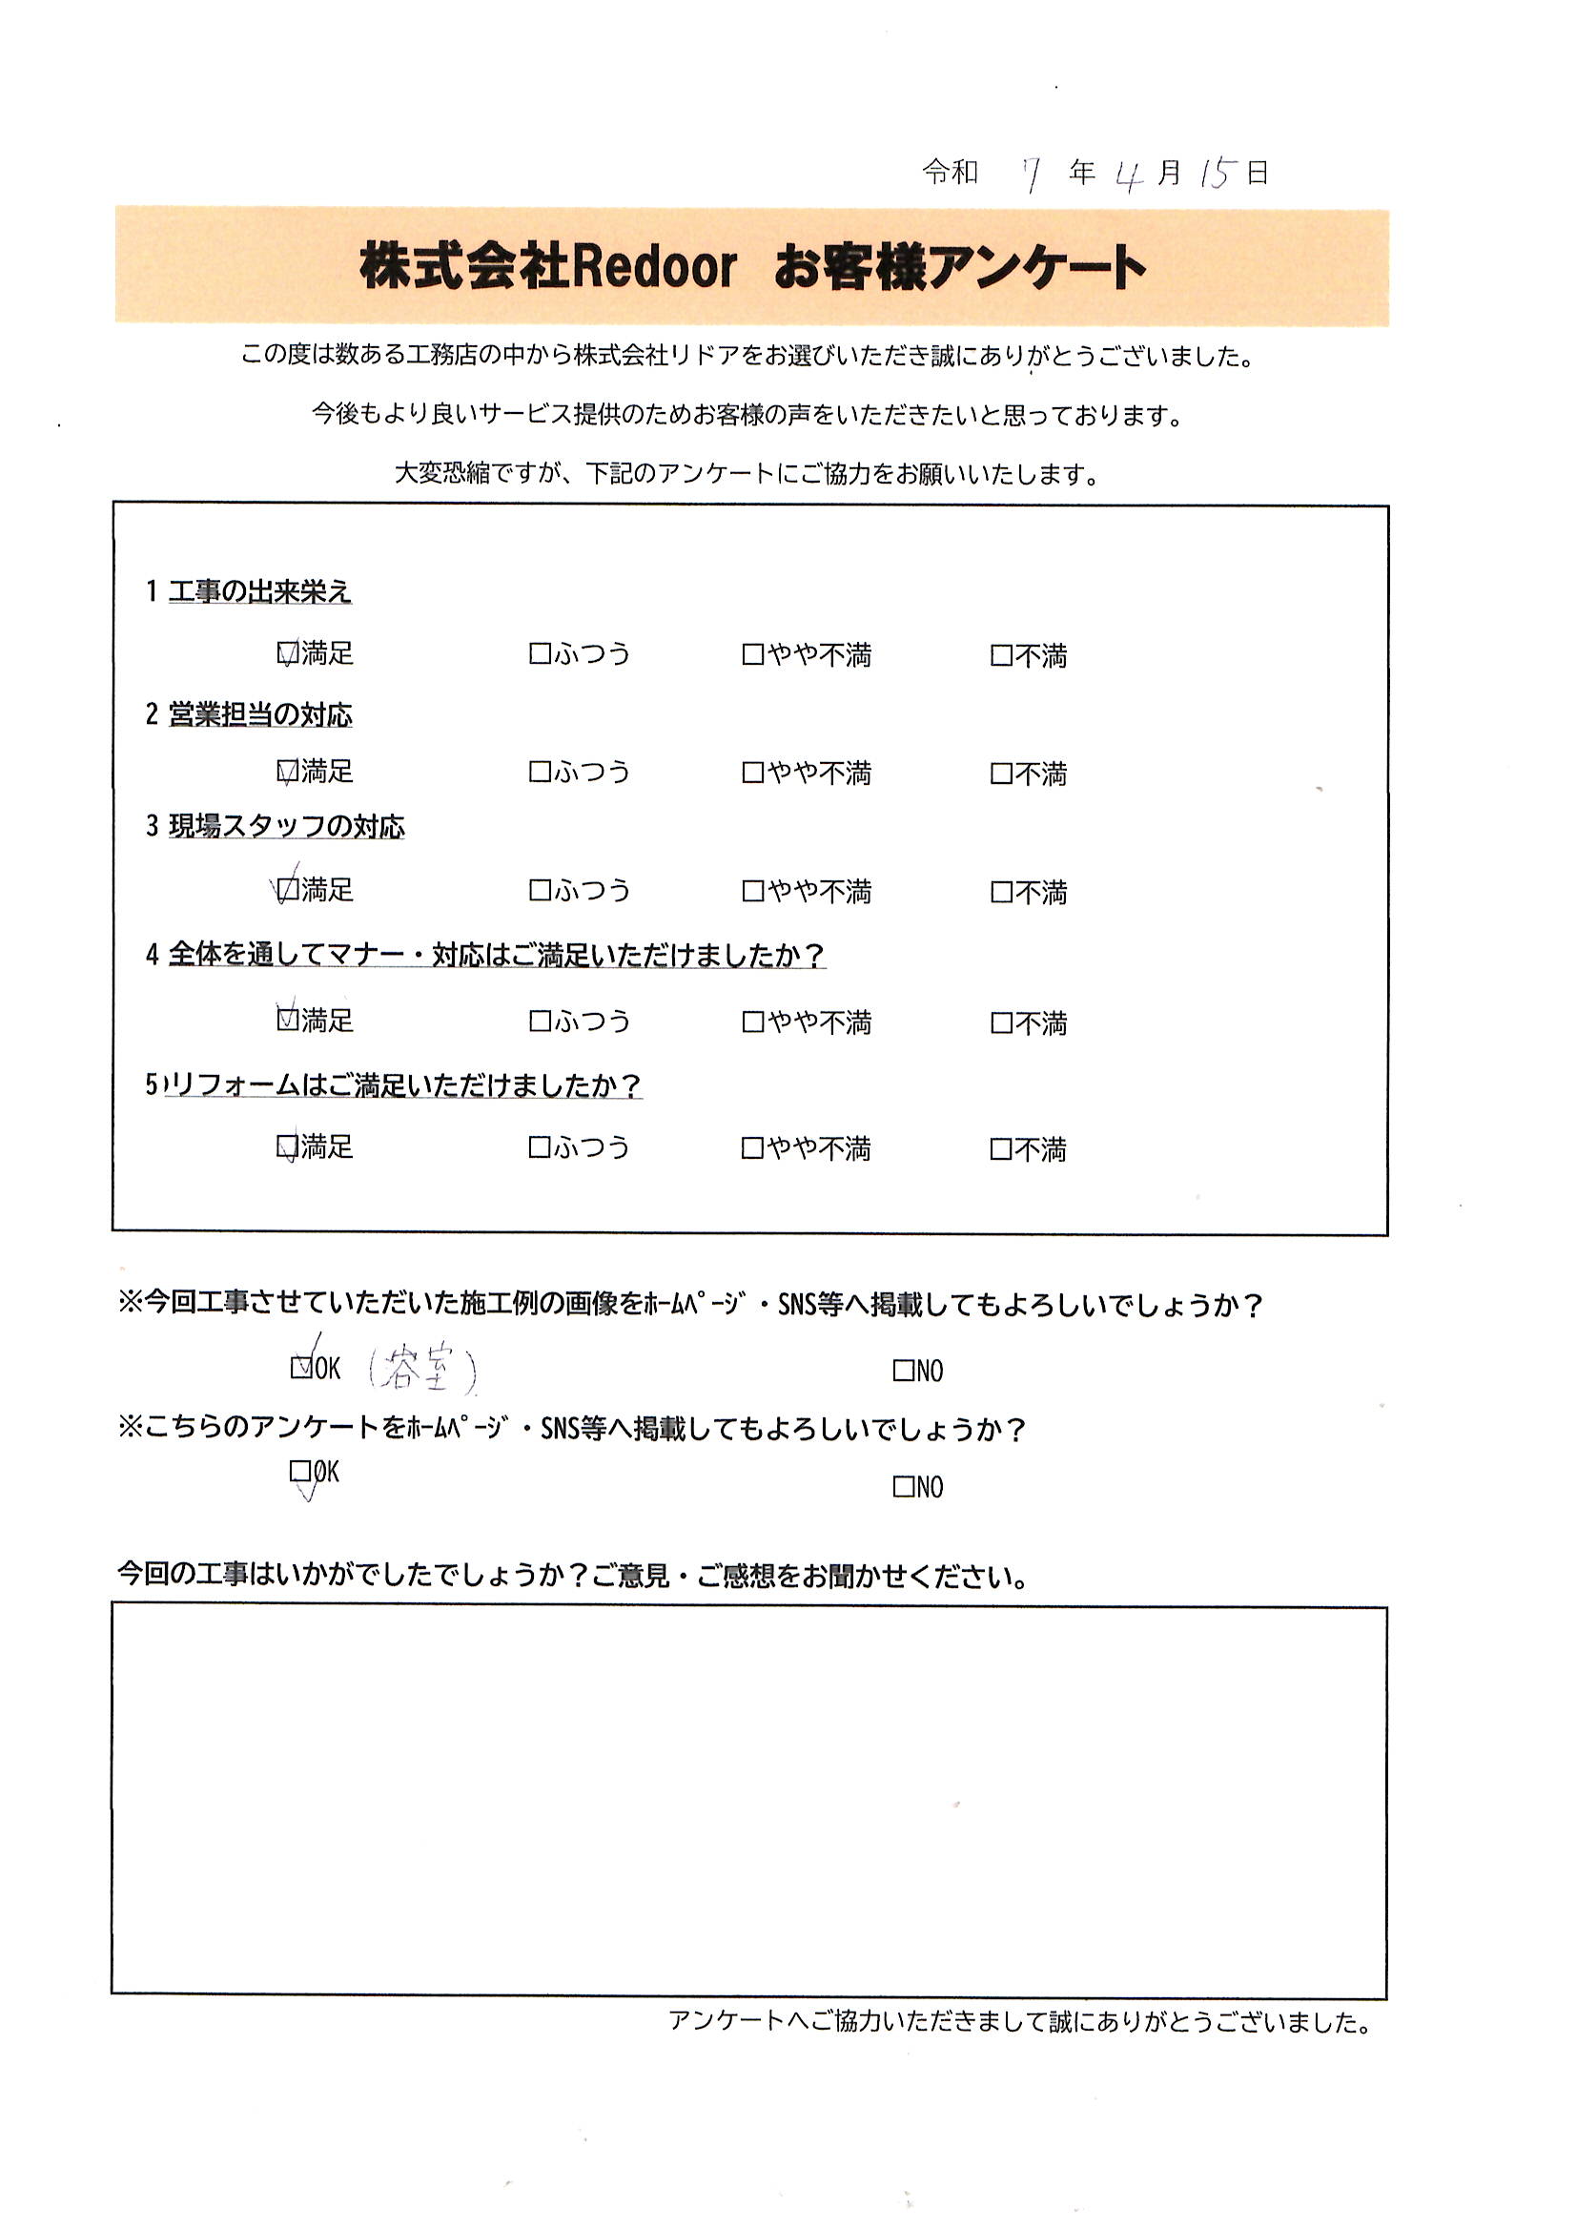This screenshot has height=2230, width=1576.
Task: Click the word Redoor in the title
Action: point(654,267)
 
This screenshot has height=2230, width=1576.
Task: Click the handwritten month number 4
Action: point(1128,176)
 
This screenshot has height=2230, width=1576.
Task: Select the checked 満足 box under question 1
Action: point(287,652)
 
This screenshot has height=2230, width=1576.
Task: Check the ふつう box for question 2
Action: point(540,773)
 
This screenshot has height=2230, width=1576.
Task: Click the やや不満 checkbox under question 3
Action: point(752,891)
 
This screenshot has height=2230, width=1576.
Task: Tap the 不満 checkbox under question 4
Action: point(1001,1022)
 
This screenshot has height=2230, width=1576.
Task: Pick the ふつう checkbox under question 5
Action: point(539,1148)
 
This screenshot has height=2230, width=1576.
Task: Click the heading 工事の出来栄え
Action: point(259,591)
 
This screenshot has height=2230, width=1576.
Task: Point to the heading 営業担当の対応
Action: point(260,714)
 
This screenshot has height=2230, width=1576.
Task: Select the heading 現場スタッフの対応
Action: point(286,827)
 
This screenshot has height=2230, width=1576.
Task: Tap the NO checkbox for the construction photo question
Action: point(904,1371)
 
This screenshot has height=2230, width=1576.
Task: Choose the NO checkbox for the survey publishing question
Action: point(904,1486)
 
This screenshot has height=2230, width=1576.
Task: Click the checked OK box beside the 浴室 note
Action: point(301,1368)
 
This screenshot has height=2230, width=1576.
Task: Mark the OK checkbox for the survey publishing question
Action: point(300,1472)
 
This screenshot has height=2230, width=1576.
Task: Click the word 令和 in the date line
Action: point(950,173)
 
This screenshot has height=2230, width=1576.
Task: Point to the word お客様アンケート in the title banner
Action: point(959,267)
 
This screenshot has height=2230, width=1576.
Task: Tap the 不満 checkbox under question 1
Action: point(1001,655)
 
